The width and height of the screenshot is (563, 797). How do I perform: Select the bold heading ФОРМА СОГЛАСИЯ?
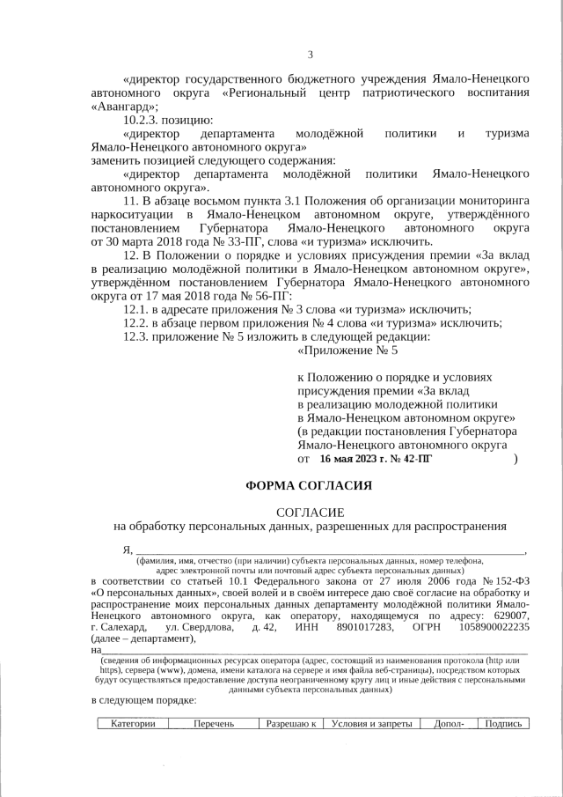(309, 484)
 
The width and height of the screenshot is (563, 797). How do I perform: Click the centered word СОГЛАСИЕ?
(310, 512)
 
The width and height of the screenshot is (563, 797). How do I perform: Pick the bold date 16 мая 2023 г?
(355, 459)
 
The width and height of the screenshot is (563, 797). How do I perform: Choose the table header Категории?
(133, 724)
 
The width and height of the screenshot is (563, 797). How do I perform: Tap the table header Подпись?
(504, 724)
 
